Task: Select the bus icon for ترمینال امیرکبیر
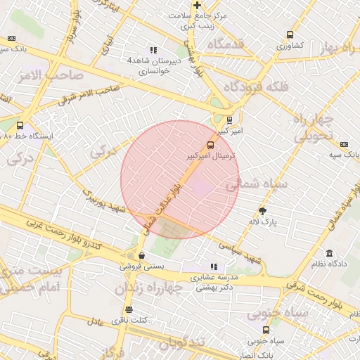click(x=212, y=145)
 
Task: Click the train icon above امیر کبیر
click(x=230, y=120)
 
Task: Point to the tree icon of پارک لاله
click(x=263, y=211)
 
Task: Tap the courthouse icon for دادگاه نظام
click(x=329, y=253)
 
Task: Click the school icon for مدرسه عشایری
click(x=214, y=267)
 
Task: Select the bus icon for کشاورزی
click(x=290, y=34)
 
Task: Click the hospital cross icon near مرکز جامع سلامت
click(x=198, y=6)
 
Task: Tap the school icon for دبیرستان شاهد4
click(x=153, y=50)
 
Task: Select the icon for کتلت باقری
click(x=129, y=309)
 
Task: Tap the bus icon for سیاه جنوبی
click(x=266, y=330)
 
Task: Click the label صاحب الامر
click(x=53, y=75)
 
